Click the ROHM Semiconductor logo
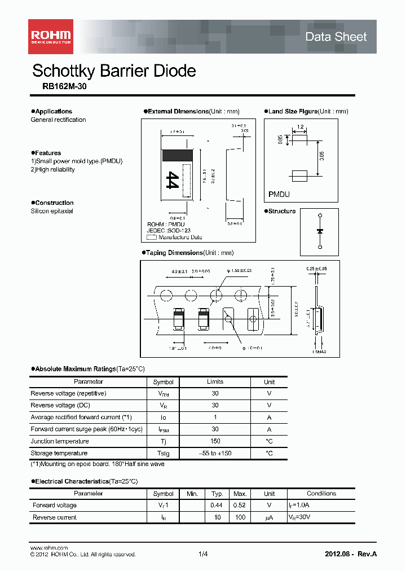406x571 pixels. coord(51,36)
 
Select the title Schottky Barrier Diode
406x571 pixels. coord(114,71)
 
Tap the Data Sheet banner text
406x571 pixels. coord(336,37)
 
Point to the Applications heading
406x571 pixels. coord(53,111)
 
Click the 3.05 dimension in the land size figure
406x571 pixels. coord(321,156)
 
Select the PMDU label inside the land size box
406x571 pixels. coord(279,194)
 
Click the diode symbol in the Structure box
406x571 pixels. coord(319,231)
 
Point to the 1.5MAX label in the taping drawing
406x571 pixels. coord(320,352)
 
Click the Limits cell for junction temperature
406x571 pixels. coord(215,441)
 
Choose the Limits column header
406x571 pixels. coord(215,382)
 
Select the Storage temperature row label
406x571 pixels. coord(59,453)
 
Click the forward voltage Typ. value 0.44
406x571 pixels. coord(215,506)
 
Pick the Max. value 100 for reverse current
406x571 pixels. coord(240,517)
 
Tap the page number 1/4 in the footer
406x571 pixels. coord(203,554)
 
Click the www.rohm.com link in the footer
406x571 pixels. coord(48,548)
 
